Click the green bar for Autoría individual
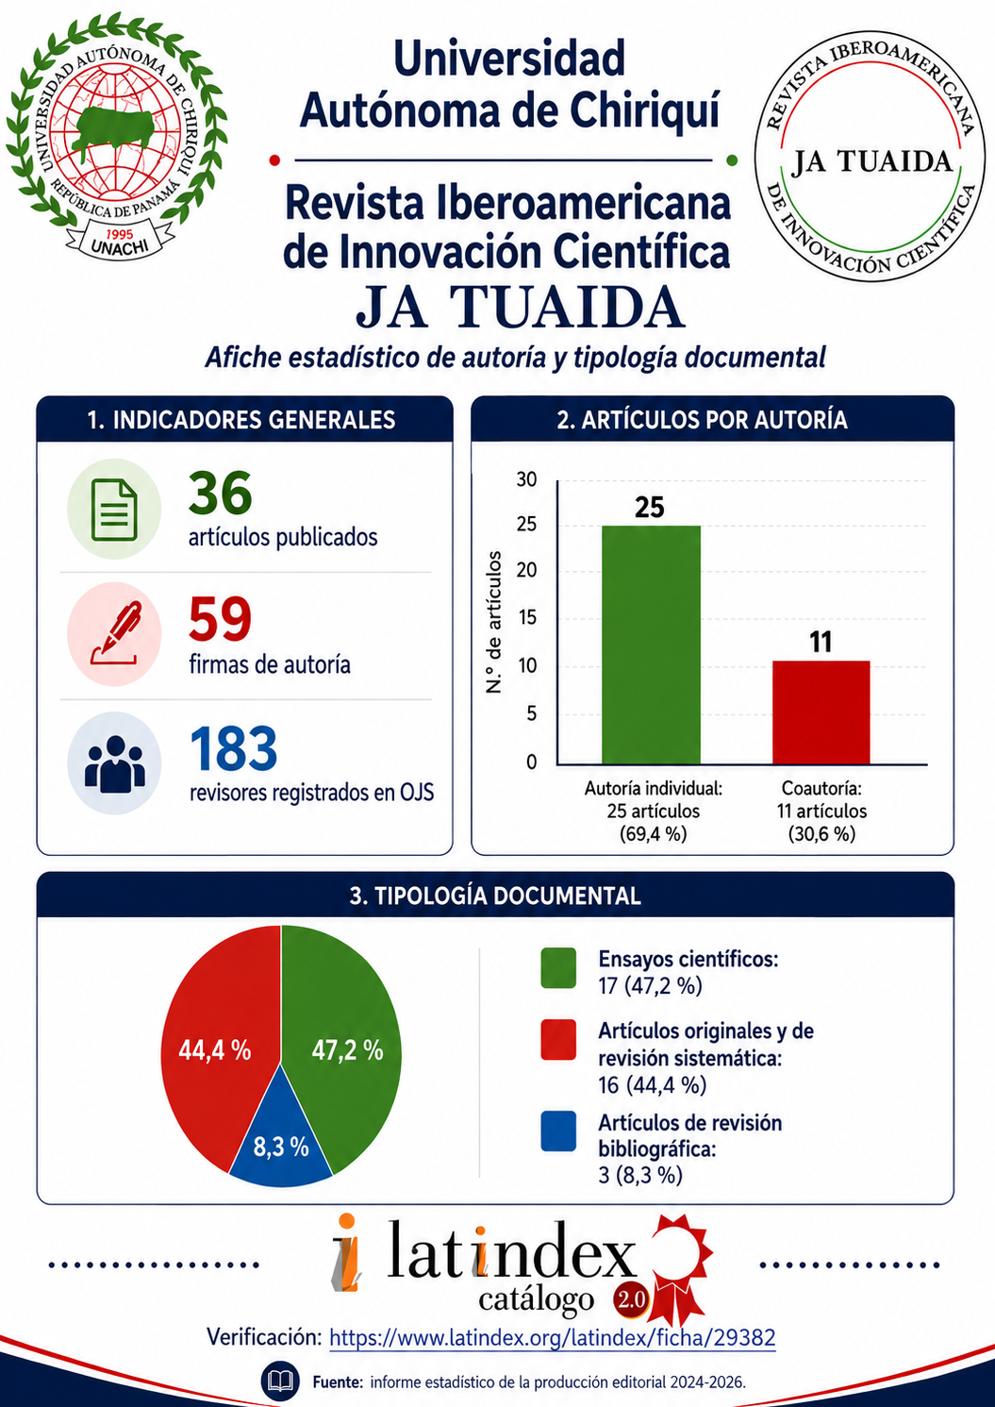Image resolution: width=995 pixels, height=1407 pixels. tap(651, 645)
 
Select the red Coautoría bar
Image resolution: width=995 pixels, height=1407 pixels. tap(821, 712)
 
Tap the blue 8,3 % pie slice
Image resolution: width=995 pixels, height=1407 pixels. tap(281, 1148)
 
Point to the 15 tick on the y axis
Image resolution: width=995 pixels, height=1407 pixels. tap(527, 618)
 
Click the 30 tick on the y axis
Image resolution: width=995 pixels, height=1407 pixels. tap(527, 480)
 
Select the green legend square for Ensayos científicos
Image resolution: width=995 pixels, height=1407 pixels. tap(558, 968)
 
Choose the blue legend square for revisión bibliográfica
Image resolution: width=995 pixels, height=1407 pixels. tap(558, 1131)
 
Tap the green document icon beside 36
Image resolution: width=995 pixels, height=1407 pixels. tap(113, 510)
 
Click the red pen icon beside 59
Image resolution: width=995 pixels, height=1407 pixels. tap(114, 633)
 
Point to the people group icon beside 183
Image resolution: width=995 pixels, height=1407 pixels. tap(115, 763)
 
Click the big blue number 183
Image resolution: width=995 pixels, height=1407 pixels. tap(234, 748)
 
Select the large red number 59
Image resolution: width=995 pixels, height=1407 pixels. tap(221, 619)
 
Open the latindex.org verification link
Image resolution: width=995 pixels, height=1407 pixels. tap(553, 1338)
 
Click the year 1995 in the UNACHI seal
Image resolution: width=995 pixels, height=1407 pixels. tap(119, 234)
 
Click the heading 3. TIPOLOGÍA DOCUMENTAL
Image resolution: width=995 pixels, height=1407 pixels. tap(495, 896)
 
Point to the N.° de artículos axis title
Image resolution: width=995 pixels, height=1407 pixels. tap(495, 622)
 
